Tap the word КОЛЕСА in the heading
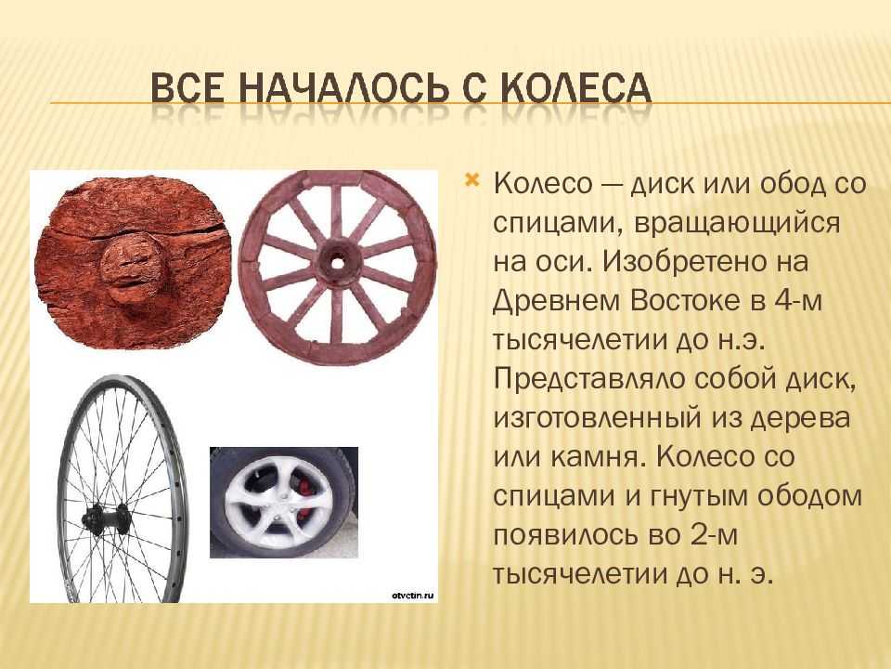(x=576, y=88)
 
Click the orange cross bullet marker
(x=471, y=181)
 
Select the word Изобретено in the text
(x=705, y=262)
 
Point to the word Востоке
(x=687, y=300)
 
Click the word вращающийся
(x=736, y=223)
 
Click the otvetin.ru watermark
(x=413, y=595)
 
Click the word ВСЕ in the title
(x=188, y=88)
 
